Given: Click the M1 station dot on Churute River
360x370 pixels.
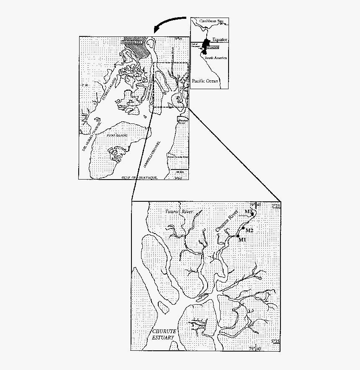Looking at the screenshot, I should coord(238,236).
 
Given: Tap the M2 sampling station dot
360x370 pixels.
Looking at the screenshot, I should coord(243,228).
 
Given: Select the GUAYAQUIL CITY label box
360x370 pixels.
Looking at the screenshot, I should coord(131,42).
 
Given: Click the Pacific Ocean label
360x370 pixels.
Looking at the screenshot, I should coord(205,80).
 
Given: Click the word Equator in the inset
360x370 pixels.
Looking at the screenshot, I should coord(219,39).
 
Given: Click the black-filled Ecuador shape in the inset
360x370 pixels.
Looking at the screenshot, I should coord(206,44).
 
